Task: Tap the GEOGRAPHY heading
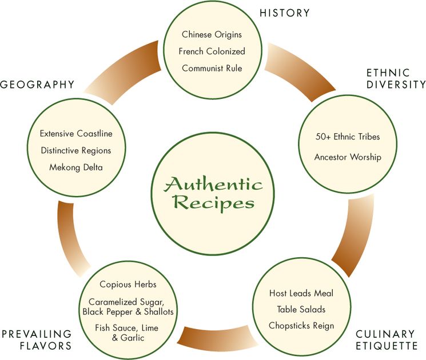pyautogui.click(x=37, y=85)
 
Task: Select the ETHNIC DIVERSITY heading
pyautogui.click(x=396, y=79)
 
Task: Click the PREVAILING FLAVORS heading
pyautogui.click(x=36, y=339)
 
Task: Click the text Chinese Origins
pyautogui.click(x=212, y=35)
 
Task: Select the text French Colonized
pyautogui.click(x=212, y=51)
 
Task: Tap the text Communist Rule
pyautogui.click(x=212, y=68)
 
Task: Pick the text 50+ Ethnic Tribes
pyautogui.click(x=348, y=137)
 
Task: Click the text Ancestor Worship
pyautogui.click(x=348, y=157)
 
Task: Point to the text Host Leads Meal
pyautogui.click(x=301, y=293)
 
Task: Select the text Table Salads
pyautogui.click(x=301, y=309)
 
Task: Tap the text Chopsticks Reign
pyautogui.click(x=301, y=326)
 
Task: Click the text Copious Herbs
pyautogui.click(x=128, y=284)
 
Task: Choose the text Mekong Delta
pyautogui.click(x=76, y=167)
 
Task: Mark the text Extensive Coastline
pyautogui.click(x=76, y=134)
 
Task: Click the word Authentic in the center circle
pyautogui.click(x=214, y=185)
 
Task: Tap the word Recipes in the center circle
pyautogui.click(x=214, y=203)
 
